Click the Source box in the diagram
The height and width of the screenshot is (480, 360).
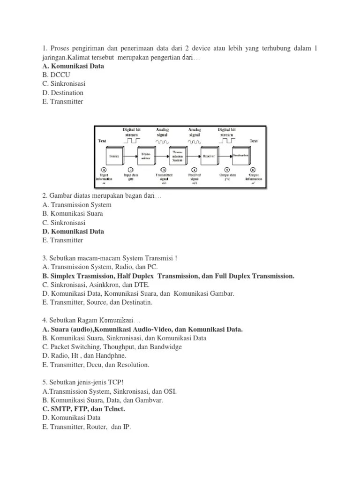(x=113, y=155)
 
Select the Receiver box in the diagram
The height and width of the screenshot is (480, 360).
(x=209, y=155)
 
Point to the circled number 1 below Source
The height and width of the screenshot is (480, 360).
(x=104, y=170)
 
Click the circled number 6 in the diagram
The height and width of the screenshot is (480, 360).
(x=253, y=170)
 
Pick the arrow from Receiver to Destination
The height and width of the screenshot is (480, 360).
(x=225, y=155)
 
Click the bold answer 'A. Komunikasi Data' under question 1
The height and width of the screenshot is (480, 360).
(x=73, y=66)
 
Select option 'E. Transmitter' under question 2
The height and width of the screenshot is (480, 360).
(x=62, y=240)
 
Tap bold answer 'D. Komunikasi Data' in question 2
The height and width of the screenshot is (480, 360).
(x=73, y=231)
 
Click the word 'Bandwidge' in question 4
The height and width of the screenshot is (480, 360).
(x=165, y=347)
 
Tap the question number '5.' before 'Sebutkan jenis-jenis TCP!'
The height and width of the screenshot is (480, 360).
(x=45, y=382)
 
